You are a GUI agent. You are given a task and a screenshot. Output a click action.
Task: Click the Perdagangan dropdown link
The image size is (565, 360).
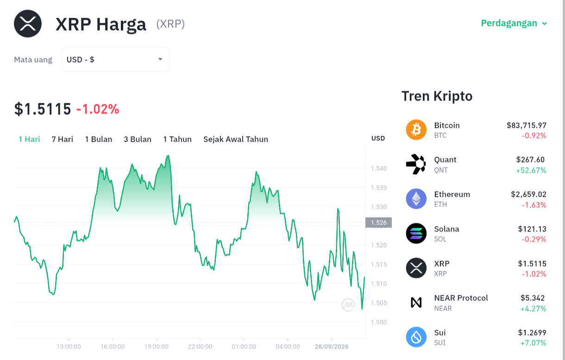pyautogui.click(x=514, y=23)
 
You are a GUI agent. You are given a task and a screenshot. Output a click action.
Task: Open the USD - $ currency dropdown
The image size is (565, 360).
pyautogui.click(x=115, y=60)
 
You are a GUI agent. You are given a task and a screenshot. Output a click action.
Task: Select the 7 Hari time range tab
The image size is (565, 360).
pyautogui.click(x=63, y=139)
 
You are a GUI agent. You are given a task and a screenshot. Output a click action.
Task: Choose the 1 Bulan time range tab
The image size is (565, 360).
pyautogui.click(x=98, y=139)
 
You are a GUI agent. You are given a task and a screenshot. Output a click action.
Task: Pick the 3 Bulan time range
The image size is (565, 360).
pyautogui.click(x=138, y=139)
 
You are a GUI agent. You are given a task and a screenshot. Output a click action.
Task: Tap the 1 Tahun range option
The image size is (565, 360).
pyautogui.click(x=177, y=139)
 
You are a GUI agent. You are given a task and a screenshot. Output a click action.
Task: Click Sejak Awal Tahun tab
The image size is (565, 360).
pyautogui.click(x=236, y=139)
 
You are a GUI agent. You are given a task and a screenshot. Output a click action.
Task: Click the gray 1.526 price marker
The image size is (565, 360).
pyautogui.click(x=378, y=223)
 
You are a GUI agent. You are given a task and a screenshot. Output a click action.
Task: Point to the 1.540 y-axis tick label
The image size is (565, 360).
pyautogui.click(x=379, y=168)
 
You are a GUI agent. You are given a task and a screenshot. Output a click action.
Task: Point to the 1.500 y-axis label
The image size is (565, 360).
pyautogui.click(x=379, y=322)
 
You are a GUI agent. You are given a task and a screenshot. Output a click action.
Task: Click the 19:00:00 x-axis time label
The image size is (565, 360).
pyautogui.click(x=156, y=347)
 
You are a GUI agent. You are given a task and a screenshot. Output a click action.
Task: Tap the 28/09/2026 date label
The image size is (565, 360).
pyautogui.click(x=332, y=347)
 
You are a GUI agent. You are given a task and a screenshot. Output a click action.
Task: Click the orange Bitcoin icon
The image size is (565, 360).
pyautogui.click(x=416, y=130)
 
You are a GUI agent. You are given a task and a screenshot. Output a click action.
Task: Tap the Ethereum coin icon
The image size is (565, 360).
pyautogui.click(x=416, y=199)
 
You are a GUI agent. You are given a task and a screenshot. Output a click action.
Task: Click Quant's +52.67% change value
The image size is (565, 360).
pyautogui.click(x=531, y=170)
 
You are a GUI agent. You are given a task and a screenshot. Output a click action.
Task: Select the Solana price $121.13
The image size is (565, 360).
pyautogui.click(x=532, y=229)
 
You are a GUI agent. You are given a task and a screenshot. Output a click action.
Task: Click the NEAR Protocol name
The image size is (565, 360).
pyautogui.click(x=461, y=298)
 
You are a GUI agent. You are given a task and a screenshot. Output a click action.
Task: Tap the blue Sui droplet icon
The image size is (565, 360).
pyautogui.click(x=416, y=337)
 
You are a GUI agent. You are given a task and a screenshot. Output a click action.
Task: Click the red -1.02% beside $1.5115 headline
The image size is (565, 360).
pyautogui.click(x=98, y=109)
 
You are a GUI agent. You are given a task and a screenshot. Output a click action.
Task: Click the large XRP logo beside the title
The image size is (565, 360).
pyautogui.click(x=28, y=24)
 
